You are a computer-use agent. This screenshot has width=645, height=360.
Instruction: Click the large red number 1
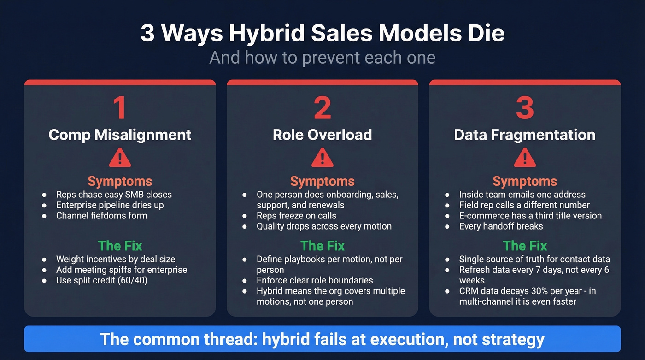[x=119, y=108]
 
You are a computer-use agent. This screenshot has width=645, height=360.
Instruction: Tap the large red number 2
[x=322, y=108]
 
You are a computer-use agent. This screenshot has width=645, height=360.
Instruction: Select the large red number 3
[x=525, y=108]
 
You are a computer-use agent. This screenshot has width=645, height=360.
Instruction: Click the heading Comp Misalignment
[x=120, y=135]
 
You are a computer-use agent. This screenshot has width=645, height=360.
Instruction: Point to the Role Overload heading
[x=322, y=135]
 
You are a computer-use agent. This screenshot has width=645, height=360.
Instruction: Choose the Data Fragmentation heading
[x=525, y=135]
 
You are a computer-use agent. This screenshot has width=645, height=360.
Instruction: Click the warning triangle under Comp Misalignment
[x=120, y=158]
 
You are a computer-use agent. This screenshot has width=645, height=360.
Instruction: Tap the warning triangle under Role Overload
[x=322, y=158]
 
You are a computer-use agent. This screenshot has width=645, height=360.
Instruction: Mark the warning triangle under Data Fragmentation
[x=525, y=158]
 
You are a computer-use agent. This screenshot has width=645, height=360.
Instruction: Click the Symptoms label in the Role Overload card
[x=322, y=181]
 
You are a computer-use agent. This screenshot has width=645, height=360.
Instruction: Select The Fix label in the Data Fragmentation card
[x=525, y=246]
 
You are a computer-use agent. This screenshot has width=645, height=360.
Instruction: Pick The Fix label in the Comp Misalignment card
[x=120, y=246]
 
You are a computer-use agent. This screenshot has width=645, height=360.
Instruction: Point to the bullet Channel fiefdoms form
[x=101, y=216]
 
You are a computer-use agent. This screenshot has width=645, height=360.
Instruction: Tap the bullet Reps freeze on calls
[x=296, y=216]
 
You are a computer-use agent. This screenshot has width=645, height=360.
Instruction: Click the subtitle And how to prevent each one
[x=322, y=58]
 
